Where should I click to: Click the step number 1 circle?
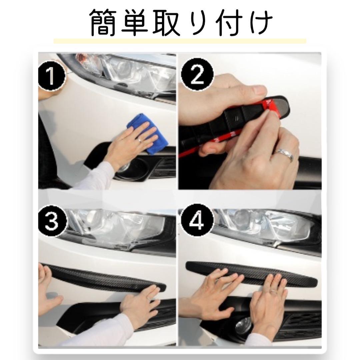52,76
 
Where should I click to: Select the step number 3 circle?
52,221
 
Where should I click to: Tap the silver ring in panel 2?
285,154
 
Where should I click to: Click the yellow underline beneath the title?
180,41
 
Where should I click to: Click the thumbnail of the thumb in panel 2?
260,90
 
